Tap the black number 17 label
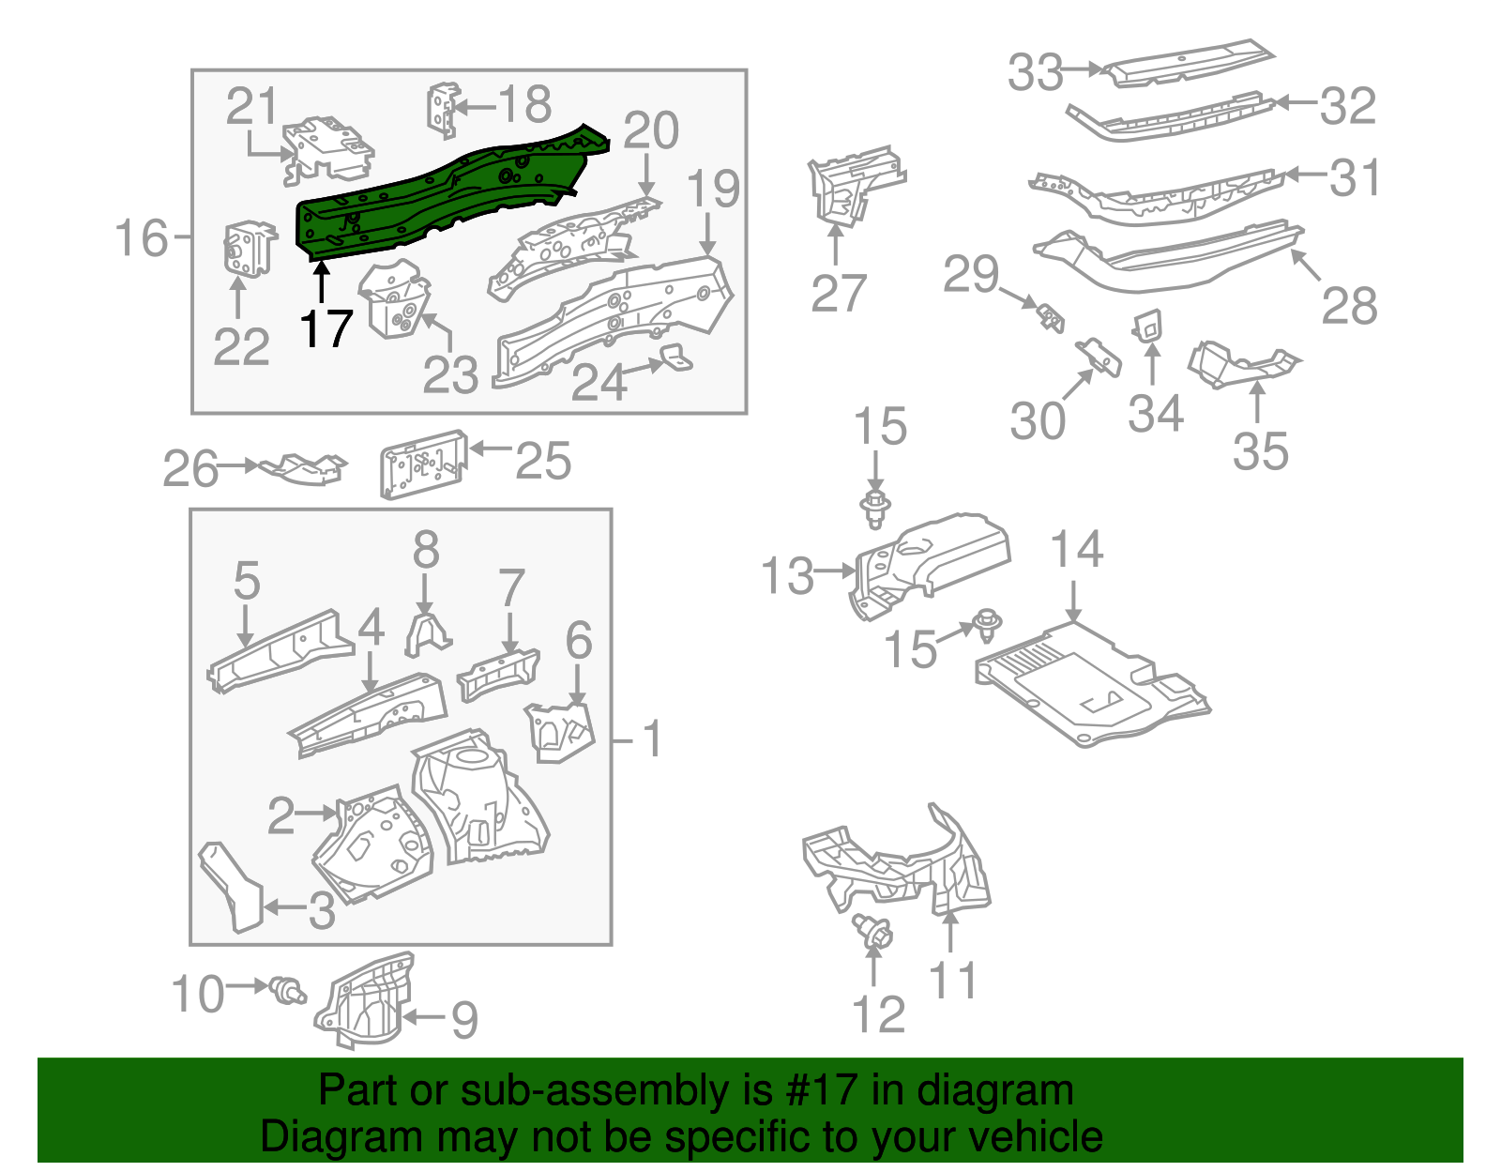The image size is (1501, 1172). tap(326, 329)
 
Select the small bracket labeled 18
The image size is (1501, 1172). tap(442, 110)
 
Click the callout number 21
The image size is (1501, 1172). tap(252, 107)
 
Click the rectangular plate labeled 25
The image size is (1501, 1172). tap(423, 464)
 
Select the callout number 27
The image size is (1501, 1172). tap(838, 294)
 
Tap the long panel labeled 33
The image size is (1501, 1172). tap(1187, 64)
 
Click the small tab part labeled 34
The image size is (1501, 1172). tap(1148, 326)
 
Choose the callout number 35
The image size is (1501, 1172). tap(1260, 451)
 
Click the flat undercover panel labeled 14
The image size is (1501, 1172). tap(1088, 685)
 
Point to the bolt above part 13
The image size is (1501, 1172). tap(875, 507)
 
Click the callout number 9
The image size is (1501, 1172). tap(464, 1020)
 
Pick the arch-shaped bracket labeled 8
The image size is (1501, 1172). tap(426, 633)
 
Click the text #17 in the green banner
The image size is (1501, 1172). tap(814, 1091)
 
